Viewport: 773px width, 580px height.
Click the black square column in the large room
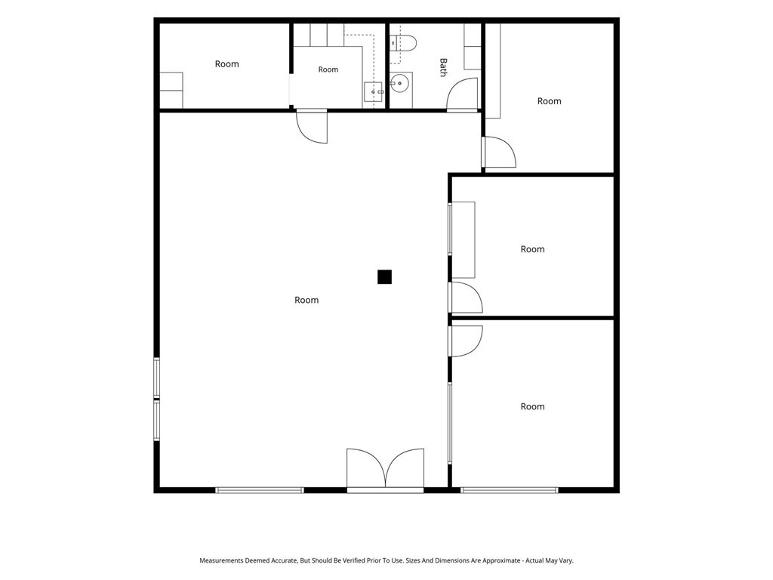tap(384, 276)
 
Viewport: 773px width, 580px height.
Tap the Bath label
tap(443, 67)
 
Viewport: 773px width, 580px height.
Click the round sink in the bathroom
tap(399, 84)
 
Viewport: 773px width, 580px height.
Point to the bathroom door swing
tap(463, 94)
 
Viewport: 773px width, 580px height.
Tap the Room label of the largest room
tap(306, 300)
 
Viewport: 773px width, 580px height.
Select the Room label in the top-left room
tap(226, 64)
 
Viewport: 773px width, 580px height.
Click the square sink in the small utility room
tap(373, 91)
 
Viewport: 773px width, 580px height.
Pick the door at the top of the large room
tap(312, 126)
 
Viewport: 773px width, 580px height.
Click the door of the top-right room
tap(499, 152)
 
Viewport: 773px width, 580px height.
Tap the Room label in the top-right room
tap(550, 101)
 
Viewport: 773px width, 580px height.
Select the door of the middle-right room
tap(465, 298)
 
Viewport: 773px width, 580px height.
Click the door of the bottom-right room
tap(465, 341)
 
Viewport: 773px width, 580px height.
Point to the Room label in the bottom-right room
tap(532, 406)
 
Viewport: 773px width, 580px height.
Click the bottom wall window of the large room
tap(260, 490)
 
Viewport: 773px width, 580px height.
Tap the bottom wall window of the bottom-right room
tap(510, 490)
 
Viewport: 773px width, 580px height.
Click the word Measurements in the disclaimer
tap(221, 561)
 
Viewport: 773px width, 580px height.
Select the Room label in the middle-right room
tap(532, 249)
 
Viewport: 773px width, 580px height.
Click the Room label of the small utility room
tap(328, 69)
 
